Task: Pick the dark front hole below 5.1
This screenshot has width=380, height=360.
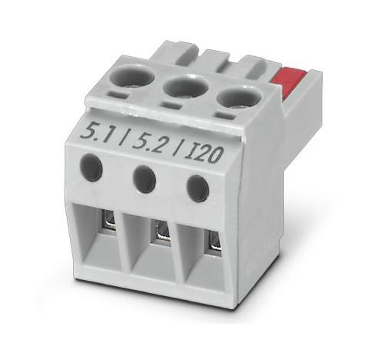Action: coord(92,167)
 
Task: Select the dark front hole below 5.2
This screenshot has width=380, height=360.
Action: coord(144,178)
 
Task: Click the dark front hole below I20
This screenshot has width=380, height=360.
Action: coord(197,188)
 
